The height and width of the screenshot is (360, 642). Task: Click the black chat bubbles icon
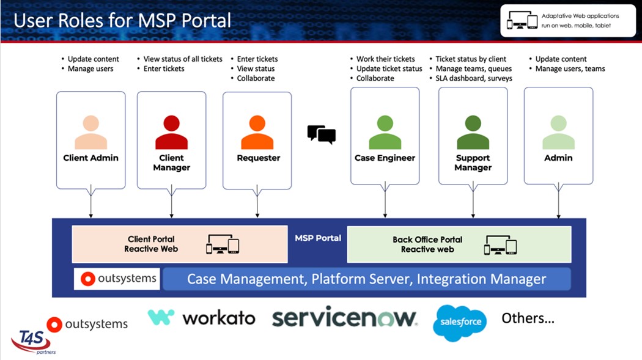(x=321, y=134)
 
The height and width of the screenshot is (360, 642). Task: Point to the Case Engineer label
(x=385, y=158)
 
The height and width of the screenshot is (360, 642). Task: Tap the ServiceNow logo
(x=344, y=317)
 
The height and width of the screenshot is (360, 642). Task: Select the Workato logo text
(x=218, y=317)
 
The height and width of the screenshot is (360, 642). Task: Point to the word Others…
(x=528, y=318)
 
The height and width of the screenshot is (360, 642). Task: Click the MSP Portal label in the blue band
(x=317, y=238)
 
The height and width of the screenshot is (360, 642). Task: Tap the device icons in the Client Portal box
(x=222, y=244)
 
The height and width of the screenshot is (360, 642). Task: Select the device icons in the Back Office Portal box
(x=500, y=244)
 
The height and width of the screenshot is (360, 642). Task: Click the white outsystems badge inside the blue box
(x=117, y=279)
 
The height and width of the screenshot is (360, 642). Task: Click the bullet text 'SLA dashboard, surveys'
(x=474, y=78)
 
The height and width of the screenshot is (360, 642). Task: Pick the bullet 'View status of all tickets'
(x=183, y=59)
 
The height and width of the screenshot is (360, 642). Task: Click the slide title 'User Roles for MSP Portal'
(x=122, y=20)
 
